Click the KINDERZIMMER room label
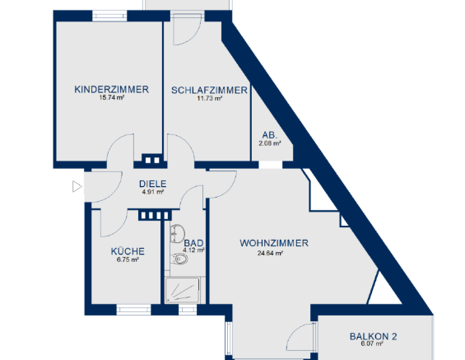click(111, 89)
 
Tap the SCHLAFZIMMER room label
click(209, 90)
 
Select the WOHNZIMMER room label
click(274, 243)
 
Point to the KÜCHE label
click(128, 251)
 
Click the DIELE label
click(153, 184)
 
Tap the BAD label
click(193, 243)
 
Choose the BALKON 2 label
click(373, 335)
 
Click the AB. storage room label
click(270, 134)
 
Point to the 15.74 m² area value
click(111, 98)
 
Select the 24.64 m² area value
click(271, 254)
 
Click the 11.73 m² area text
click(209, 99)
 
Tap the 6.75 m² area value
click(128, 260)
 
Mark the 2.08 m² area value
click(270, 143)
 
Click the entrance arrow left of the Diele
click(77, 186)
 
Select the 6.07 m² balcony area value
click(373, 344)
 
